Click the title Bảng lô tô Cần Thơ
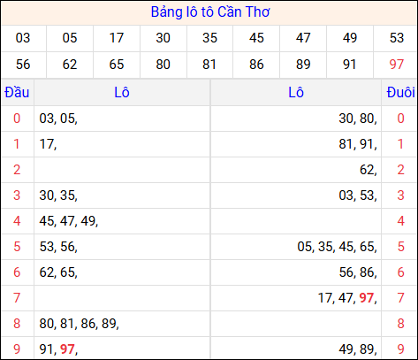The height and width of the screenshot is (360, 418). tap(209, 12)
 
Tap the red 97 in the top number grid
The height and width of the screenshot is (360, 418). tap(397, 64)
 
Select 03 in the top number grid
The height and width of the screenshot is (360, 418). tap(23, 38)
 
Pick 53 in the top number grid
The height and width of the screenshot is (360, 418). tap(397, 38)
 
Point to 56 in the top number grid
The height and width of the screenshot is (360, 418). tap(23, 64)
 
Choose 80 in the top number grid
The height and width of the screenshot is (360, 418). tap(163, 64)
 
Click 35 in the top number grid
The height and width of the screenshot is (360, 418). tap(209, 38)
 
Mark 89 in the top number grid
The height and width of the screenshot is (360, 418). tap(303, 64)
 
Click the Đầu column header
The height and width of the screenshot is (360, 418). tap(17, 93)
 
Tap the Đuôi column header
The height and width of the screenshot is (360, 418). tap(400, 93)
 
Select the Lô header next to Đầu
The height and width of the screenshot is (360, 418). tap(122, 93)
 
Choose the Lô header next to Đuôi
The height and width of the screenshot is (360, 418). tap(296, 93)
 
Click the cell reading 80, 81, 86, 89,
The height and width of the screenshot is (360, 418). tap(80, 324)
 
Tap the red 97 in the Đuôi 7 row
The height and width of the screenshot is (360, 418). tap(366, 298)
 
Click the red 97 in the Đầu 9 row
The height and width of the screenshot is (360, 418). tap(67, 349)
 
